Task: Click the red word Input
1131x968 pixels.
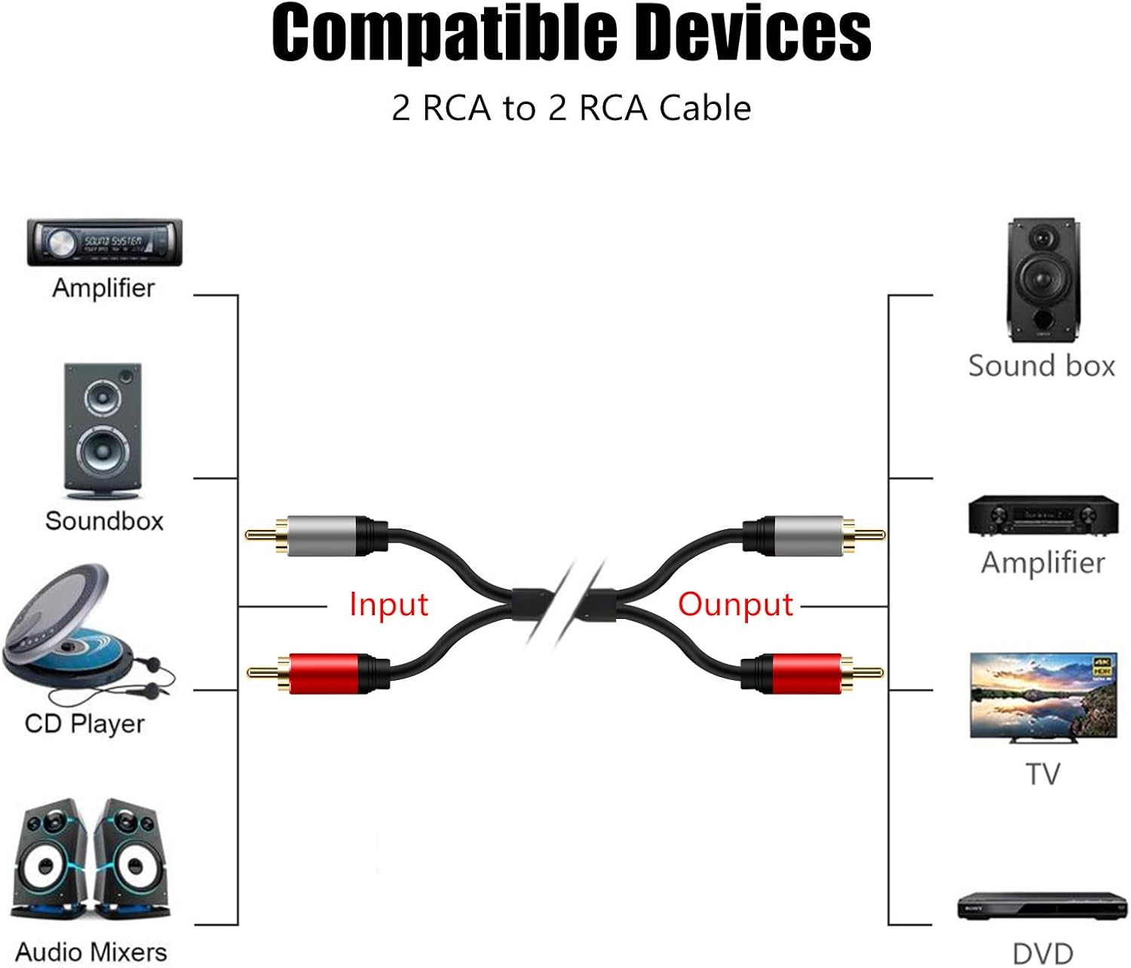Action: click(x=388, y=605)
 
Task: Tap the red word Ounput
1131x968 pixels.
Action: click(x=735, y=605)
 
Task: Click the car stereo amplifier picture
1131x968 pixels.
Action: click(x=105, y=243)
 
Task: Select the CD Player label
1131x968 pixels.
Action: click(x=84, y=724)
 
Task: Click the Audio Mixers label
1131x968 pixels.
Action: click(x=91, y=951)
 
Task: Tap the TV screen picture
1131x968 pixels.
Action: click(x=1043, y=696)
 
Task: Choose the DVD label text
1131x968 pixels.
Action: click(x=1042, y=953)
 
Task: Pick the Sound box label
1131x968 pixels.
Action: click(x=1041, y=366)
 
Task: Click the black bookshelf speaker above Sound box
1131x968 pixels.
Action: click(x=1042, y=280)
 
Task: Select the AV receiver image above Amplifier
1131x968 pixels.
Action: click(x=1043, y=516)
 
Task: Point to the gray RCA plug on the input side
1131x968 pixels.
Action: click(x=320, y=535)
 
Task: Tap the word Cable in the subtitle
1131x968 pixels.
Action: click(x=705, y=109)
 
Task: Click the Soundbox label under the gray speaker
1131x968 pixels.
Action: click(x=104, y=521)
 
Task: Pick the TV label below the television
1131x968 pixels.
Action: click(x=1043, y=774)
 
